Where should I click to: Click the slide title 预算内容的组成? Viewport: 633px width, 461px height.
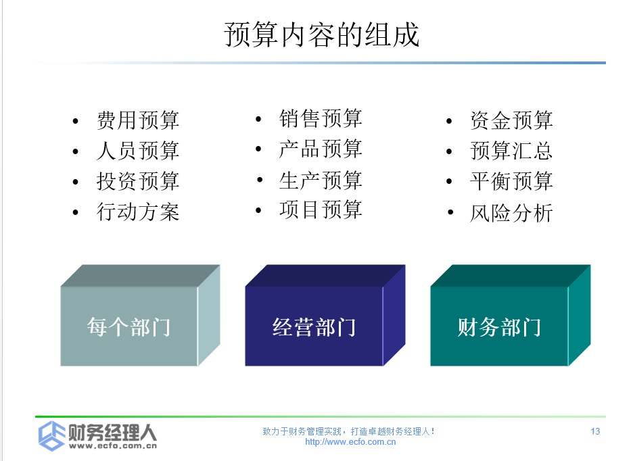[x=322, y=34]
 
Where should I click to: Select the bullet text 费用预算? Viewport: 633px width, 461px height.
[x=138, y=120]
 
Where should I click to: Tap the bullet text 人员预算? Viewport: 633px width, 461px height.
[x=138, y=151]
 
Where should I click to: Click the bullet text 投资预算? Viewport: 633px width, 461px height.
[x=138, y=181]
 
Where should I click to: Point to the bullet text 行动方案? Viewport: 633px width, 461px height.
[x=138, y=212]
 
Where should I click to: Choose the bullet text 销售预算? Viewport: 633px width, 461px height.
[x=321, y=118]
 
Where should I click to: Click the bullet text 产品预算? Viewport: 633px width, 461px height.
[x=321, y=149]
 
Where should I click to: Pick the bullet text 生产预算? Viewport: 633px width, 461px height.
[x=321, y=180]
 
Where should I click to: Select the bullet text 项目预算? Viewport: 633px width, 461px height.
[x=321, y=210]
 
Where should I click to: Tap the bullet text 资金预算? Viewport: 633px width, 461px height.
[x=511, y=120]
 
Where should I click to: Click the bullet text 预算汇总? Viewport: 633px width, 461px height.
[x=511, y=151]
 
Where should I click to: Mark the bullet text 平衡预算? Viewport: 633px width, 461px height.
[x=511, y=181]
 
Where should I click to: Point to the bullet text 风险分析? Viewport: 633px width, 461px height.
[x=511, y=213]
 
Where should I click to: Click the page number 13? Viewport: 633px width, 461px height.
[x=595, y=431]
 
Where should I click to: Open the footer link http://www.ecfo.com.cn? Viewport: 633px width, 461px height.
[x=350, y=442]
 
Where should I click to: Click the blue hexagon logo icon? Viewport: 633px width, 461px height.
[x=51, y=436]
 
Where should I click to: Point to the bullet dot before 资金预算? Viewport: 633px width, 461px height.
[x=449, y=121]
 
